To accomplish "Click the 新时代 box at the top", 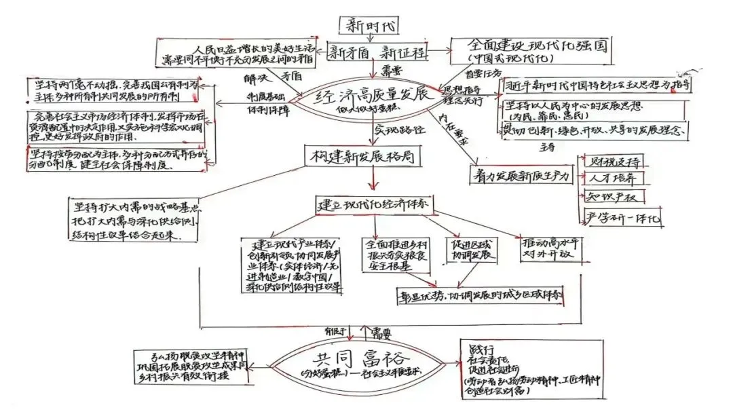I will tap(369, 25).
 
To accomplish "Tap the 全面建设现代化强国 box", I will tap(530, 50).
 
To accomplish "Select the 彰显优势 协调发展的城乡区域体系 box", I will tap(483, 296).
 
